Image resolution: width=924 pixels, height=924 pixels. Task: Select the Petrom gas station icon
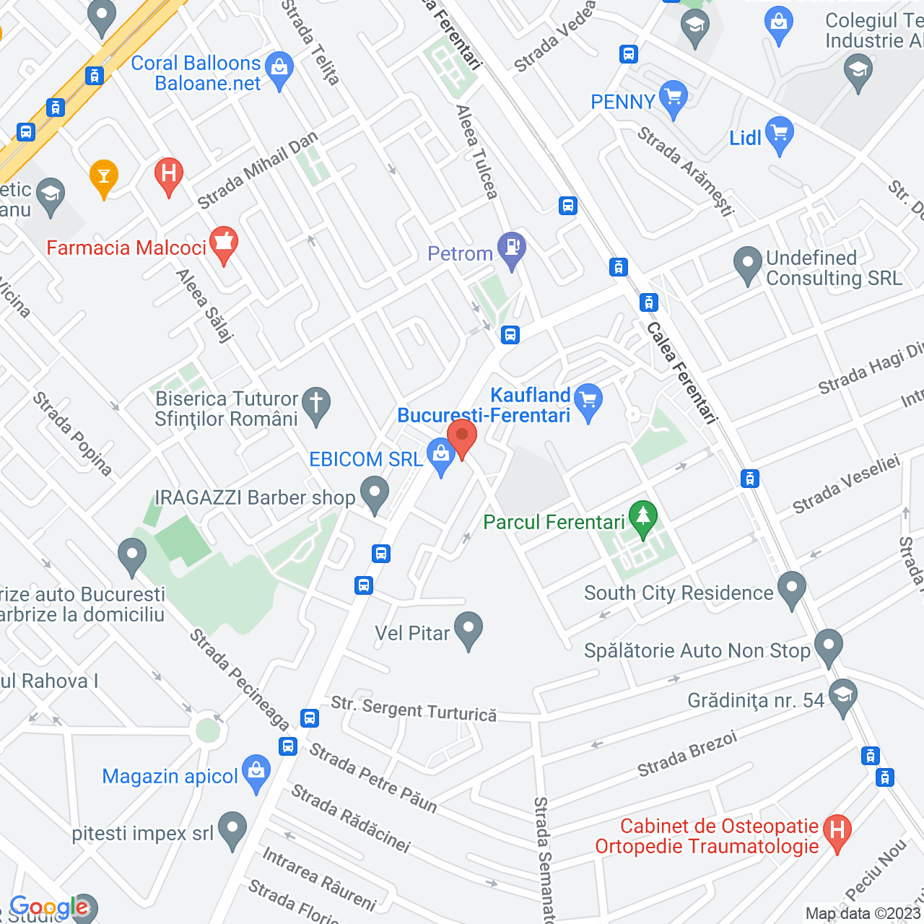512,248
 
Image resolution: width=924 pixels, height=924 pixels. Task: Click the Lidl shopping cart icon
779,134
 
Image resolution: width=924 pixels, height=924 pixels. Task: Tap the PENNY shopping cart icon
673,97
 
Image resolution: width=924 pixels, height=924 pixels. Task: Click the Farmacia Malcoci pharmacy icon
224,243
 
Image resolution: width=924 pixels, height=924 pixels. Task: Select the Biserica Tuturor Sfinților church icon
315,404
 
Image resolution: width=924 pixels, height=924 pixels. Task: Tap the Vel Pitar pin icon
468,629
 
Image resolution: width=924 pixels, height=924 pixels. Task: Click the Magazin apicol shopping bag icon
256,772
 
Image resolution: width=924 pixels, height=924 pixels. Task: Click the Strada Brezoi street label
687,754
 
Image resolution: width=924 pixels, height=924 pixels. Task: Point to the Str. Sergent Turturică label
414,710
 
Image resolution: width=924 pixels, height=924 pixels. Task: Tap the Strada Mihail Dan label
258,171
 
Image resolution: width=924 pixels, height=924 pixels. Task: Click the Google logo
49,907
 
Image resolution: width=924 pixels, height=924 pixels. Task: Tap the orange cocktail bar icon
104,176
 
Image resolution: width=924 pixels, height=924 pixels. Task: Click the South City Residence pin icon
792,588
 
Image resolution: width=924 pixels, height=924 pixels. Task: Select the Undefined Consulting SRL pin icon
747,263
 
